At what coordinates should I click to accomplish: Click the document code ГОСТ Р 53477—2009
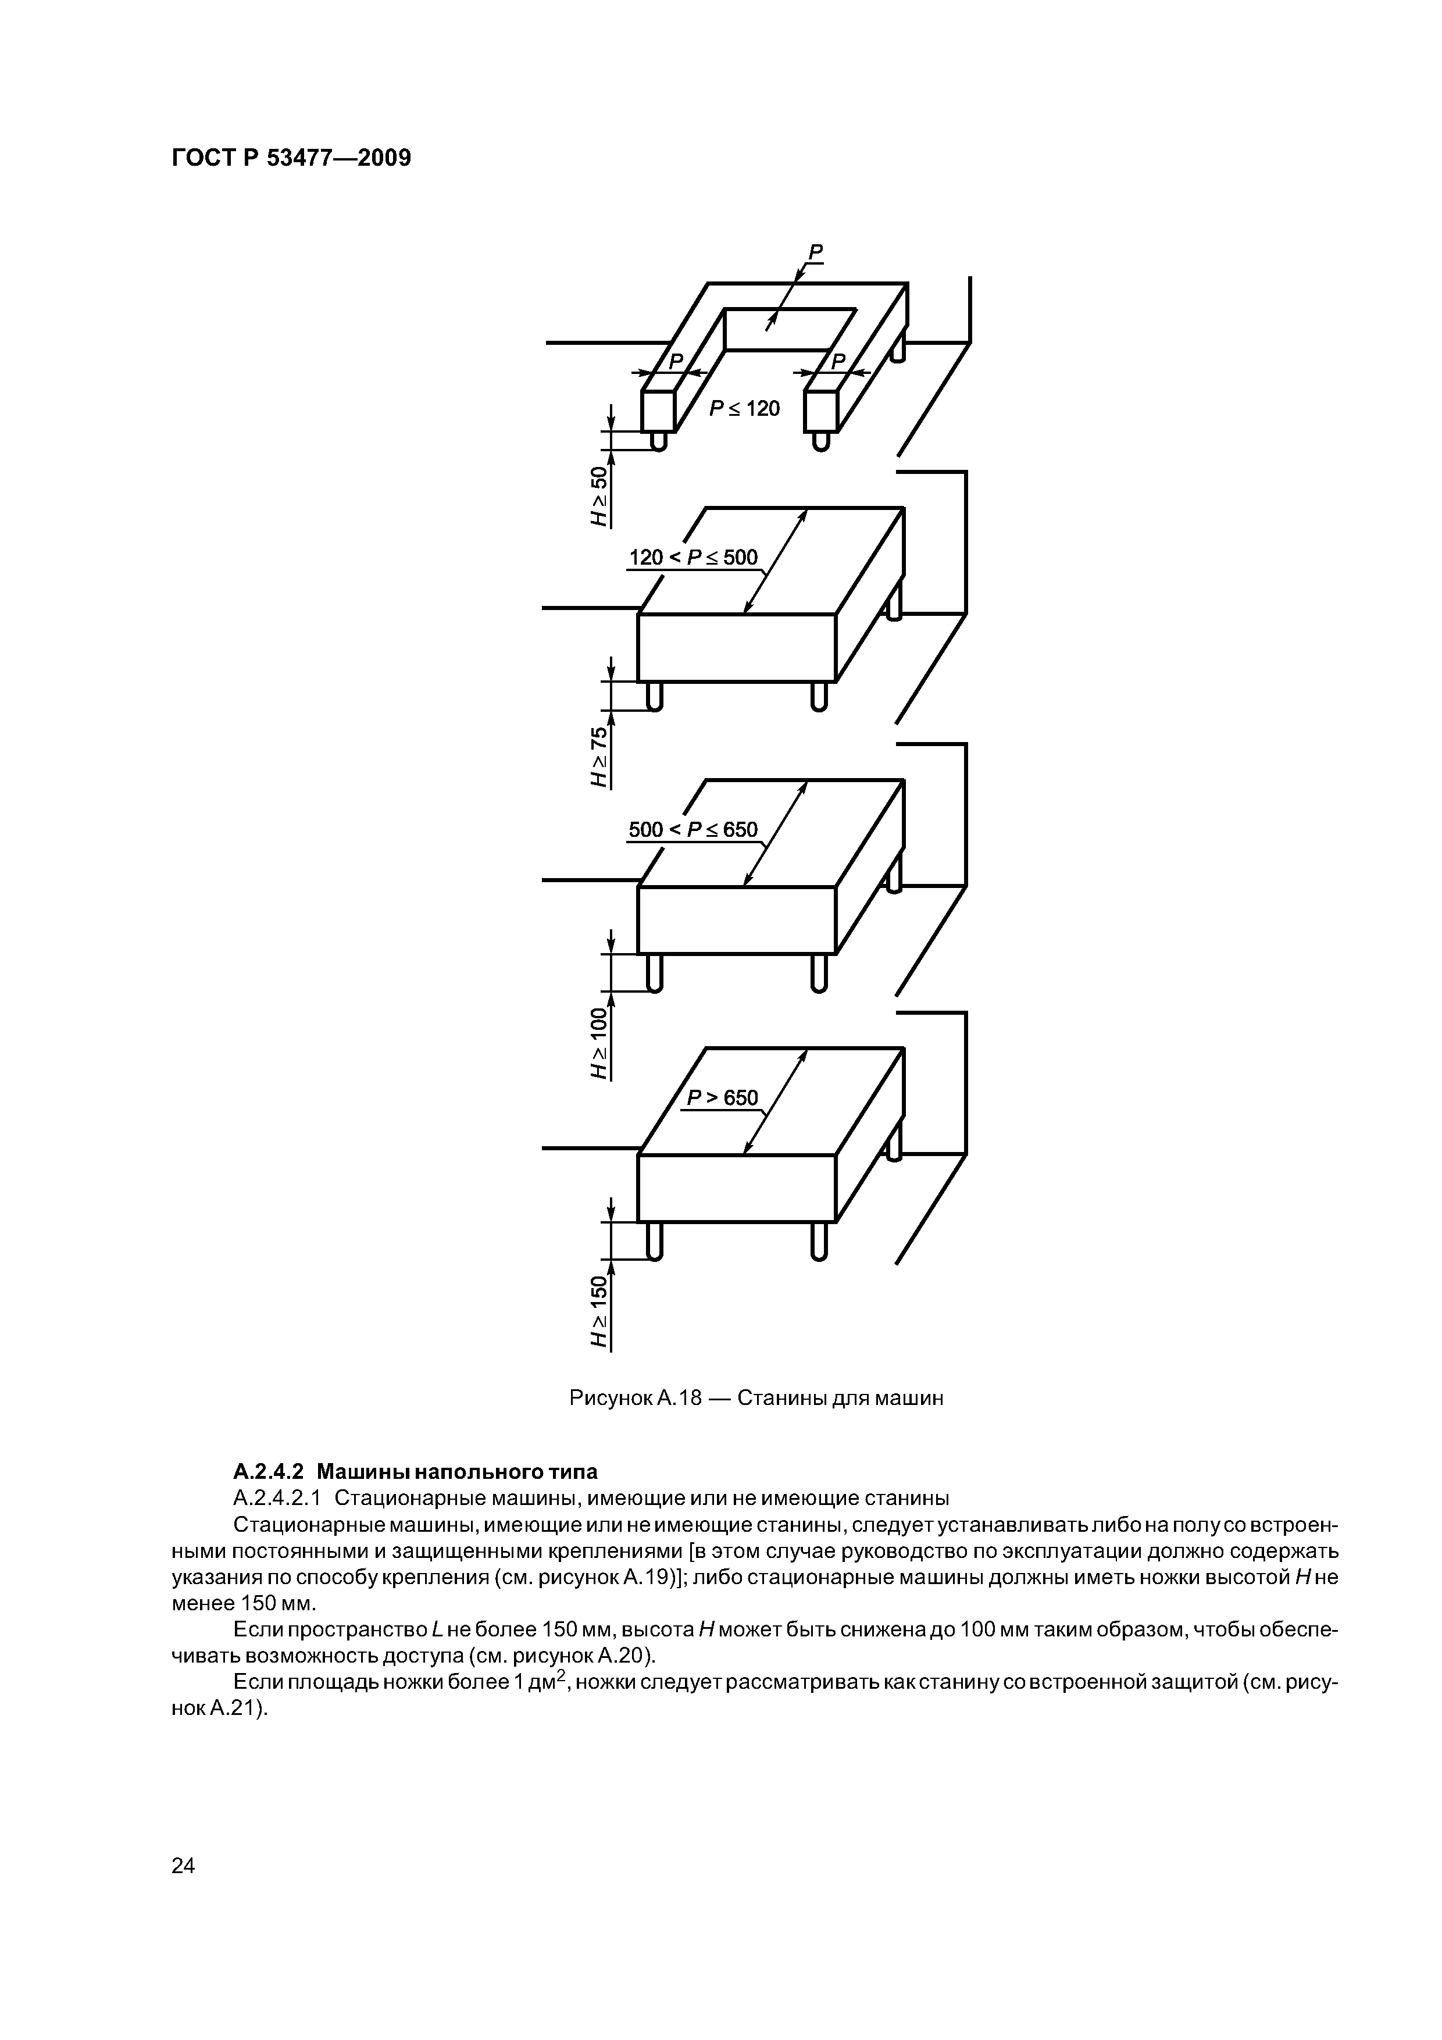291,159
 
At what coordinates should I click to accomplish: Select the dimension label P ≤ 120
744,409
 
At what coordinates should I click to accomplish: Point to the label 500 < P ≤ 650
693,830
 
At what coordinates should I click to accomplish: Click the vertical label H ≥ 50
601,496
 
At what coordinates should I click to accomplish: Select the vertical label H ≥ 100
601,1043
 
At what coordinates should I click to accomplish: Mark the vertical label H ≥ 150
601,1311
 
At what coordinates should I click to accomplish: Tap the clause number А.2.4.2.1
276,1498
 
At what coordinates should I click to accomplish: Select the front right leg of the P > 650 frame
819,1240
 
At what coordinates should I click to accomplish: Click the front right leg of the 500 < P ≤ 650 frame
819,972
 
